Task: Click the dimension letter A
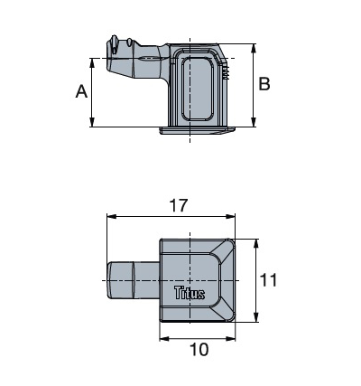click(x=81, y=92)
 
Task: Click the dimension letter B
click(x=264, y=84)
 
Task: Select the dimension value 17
click(x=179, y=205)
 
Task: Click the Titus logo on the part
click(x=189, y=293)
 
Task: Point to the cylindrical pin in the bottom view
click(x=130, y=281)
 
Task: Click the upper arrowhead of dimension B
click(x=253, y=47)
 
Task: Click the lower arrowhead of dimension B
click(x=253, y=122)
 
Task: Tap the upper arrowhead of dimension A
click(x=93, y=61)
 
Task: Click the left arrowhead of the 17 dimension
click(x=111, y=218)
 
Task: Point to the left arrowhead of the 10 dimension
click(x=164, y=337)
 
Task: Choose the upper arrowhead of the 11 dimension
click(x=256, y=243)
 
